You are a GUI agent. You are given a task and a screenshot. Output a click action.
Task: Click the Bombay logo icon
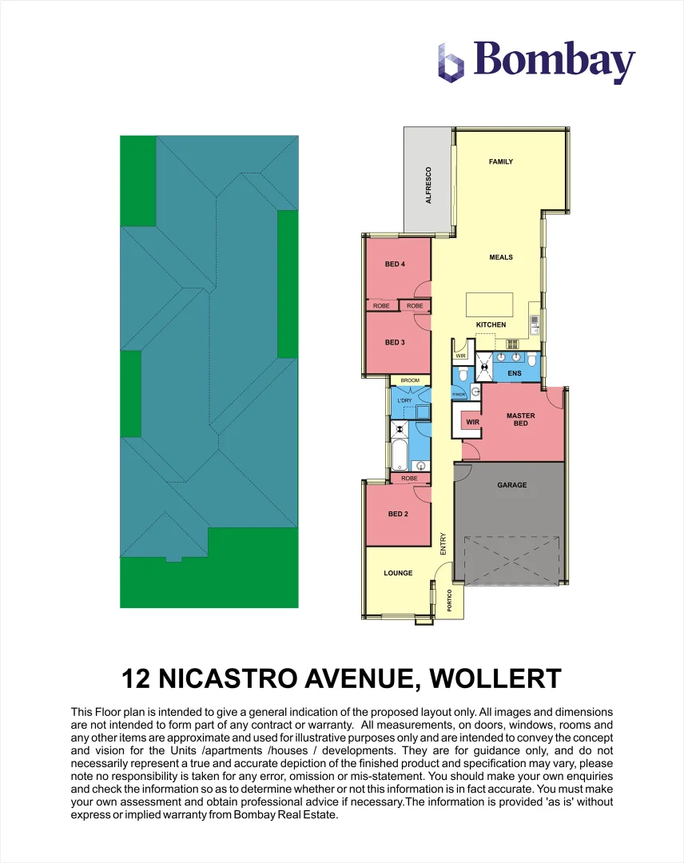[451, 62]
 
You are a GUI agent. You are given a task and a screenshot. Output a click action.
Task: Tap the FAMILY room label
[501, 162]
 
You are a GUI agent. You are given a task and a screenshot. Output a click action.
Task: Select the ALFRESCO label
[428, 185]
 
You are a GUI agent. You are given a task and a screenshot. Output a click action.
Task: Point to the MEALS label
[501, 257]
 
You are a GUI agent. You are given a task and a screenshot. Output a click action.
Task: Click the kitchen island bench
[490, 304]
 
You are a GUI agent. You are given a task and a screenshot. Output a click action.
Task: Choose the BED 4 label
[395, 264]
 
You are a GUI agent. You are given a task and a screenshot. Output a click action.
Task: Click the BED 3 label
[395, 343]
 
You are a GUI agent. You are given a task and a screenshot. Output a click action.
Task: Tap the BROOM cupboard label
[410, 381]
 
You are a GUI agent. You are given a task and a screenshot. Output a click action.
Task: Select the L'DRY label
[404, 400]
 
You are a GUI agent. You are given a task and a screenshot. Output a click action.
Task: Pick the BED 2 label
[398, 514]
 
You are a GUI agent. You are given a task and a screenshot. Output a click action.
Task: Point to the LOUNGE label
[398, 573]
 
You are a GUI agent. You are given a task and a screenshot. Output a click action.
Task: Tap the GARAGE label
[512, 485]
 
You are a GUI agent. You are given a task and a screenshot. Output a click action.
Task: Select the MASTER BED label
[521, 420]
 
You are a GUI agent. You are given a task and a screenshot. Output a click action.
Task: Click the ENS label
[515, 373]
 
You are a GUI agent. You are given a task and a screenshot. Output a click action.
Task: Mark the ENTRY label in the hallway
[443, 544]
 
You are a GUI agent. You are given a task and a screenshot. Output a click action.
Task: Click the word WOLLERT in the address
[495, 679]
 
